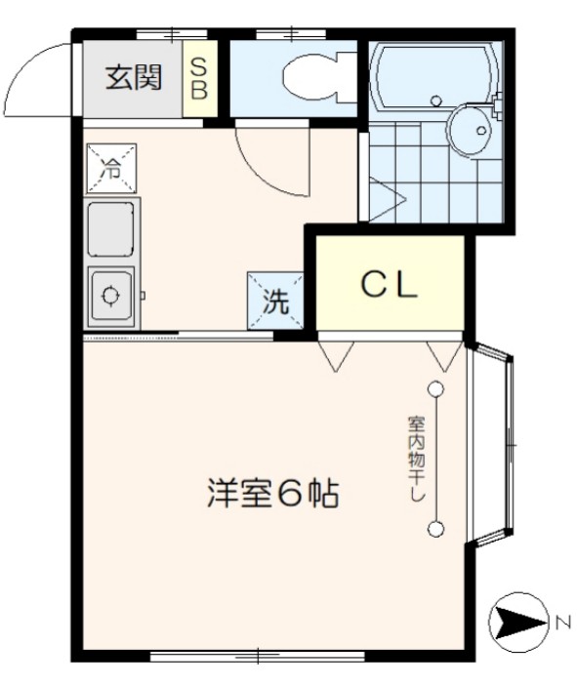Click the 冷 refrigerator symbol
112,168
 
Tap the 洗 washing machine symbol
276,302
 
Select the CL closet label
390,285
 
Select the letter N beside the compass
562,621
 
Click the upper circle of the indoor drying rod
435,389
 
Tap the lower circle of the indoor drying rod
435,530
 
